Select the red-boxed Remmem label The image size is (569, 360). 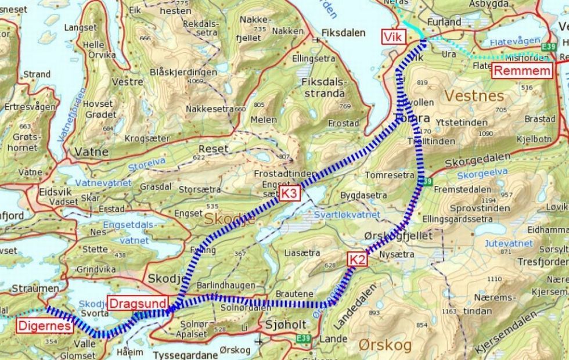coord(522,71)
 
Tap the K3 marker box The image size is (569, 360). coord(289,194)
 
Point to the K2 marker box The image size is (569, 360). coord(358,260)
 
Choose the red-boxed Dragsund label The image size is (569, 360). coord(138,303)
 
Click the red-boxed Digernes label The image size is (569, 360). coord(45,326)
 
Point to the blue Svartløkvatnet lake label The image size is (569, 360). coord(347,214)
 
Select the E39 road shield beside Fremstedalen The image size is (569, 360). coord(426,182)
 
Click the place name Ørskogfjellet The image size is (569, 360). coord(398,236)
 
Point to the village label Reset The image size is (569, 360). coord(213,149)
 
